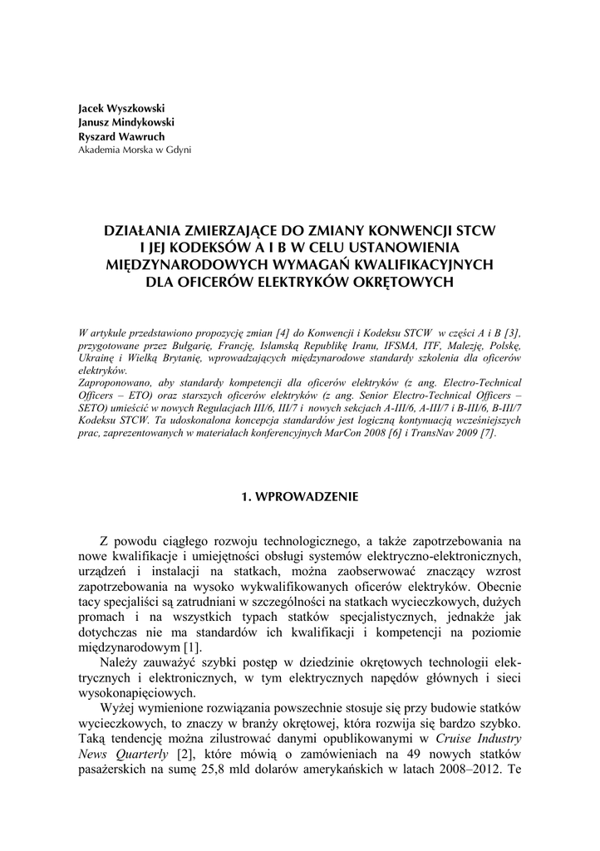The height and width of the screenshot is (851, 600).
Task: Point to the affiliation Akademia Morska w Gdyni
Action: pyautogui.click(x=134, y=150)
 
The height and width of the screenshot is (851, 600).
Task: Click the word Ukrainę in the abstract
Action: pyautogui.click(x=97, y=357)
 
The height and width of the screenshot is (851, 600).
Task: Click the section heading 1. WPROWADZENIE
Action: pyautogui.click(x=299, y=497)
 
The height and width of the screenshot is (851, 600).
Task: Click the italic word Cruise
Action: pyautogui.click(x=456, y=737)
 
